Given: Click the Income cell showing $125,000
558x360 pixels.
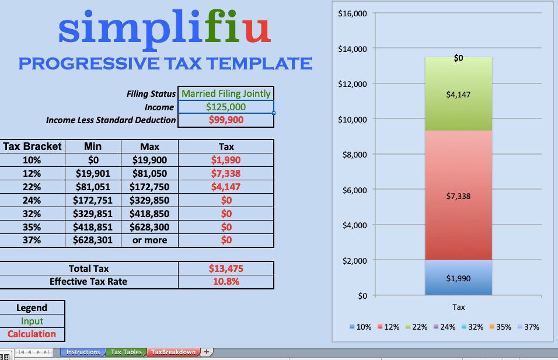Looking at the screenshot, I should coord(226,107).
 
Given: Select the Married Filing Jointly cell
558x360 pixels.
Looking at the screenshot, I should coord(226,93).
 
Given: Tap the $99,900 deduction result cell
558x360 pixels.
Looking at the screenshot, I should coord(226,120).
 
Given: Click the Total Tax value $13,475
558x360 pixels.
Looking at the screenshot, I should coord(226,269).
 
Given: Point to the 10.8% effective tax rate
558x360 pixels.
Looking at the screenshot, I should coord(226,282).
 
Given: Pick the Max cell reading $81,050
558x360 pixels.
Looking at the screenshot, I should coord(149,173).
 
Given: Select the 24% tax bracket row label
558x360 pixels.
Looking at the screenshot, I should coord(32,200).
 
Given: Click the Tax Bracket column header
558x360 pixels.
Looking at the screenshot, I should coord(32,146).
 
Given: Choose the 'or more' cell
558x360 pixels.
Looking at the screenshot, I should coord(149,240).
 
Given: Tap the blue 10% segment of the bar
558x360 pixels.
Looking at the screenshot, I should coord(458,278).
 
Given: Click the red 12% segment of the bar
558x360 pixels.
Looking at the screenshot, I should coord(458,195).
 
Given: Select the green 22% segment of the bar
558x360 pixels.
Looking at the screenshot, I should coord(458,94).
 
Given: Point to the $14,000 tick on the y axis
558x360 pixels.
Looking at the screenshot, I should coord(352,49).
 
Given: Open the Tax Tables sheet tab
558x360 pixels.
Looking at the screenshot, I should coord(126,352).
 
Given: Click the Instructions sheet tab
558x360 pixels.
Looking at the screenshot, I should coord(83,352).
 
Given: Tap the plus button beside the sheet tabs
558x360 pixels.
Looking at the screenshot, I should coord(207,352).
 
